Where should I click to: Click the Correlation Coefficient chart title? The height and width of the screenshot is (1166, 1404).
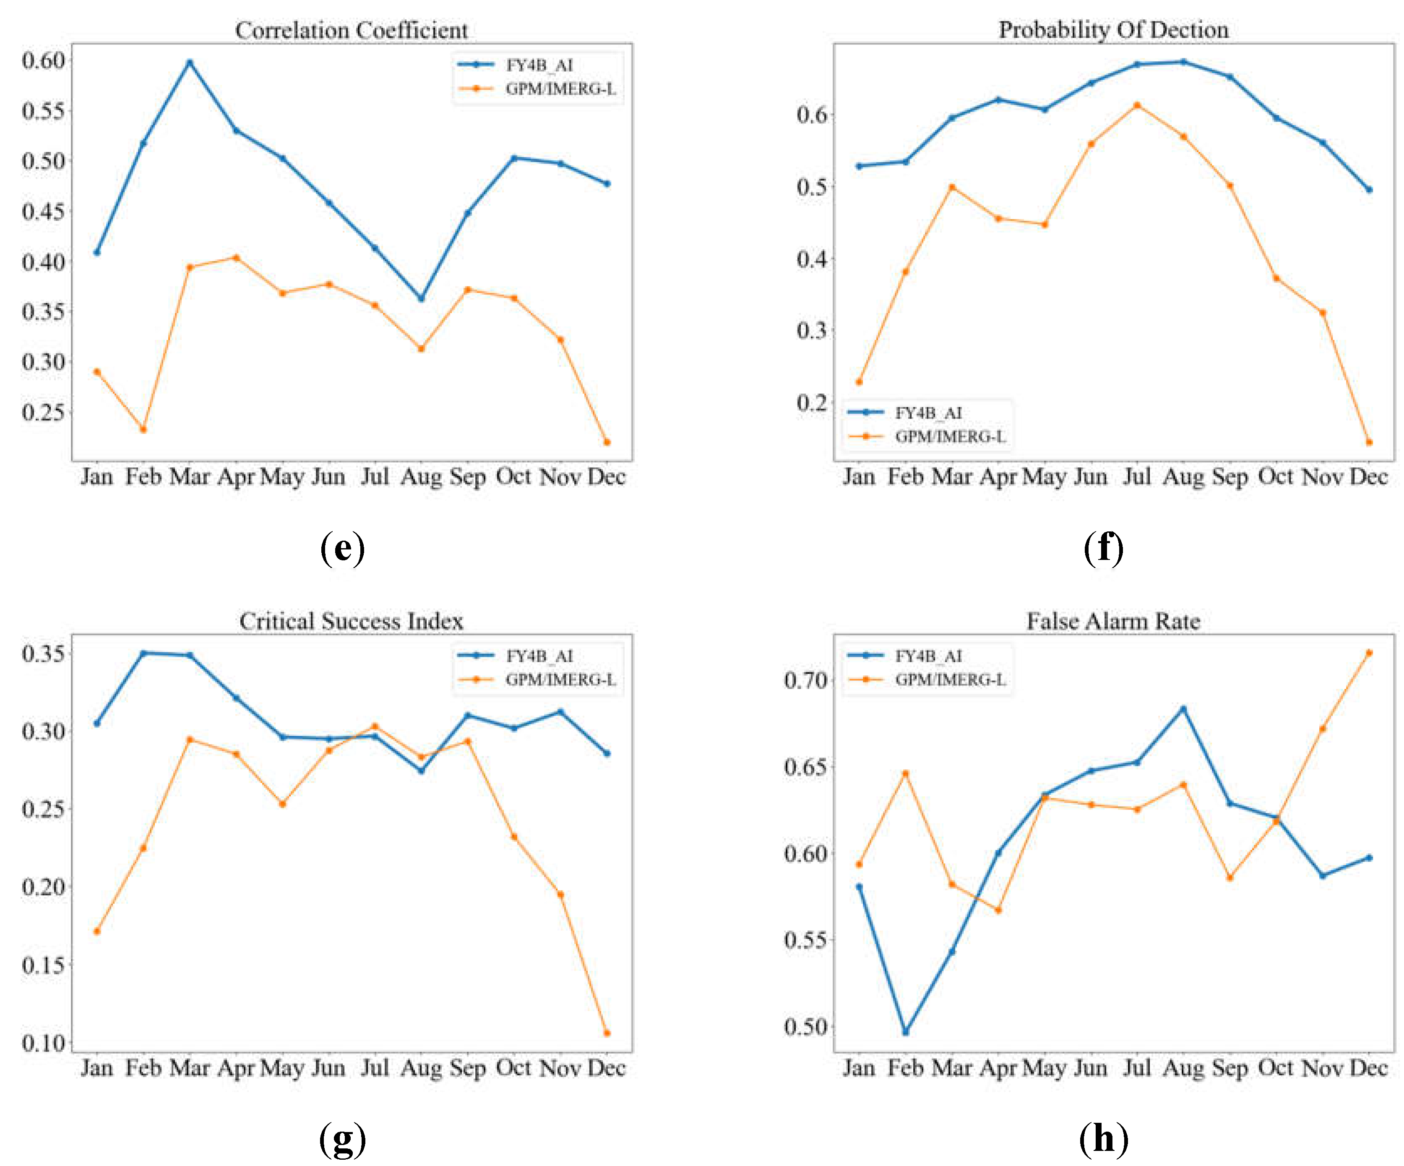(x=351, y=30)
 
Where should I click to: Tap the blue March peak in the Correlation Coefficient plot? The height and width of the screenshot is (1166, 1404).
(x=190, y=63)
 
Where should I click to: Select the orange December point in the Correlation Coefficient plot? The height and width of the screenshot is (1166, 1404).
(x=607, y=442)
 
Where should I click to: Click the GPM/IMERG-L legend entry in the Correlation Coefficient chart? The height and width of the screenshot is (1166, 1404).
(x=560, y=89)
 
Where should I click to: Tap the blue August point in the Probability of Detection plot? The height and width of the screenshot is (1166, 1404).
(x=1183, y=62)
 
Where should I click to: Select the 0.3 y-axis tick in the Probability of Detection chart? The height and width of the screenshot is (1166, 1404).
(x=812, y=330)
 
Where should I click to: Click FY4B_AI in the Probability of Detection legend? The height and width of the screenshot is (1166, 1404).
(x=928, y=413)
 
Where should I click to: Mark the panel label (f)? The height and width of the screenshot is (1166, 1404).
(x=1103, y=548)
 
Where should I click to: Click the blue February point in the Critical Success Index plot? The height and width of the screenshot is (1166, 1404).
(x=143, y=653)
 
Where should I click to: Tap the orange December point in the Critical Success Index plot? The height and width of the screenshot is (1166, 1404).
(x=607, y=1033)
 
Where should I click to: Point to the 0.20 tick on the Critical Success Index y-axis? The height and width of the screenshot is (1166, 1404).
(x=44, y=887)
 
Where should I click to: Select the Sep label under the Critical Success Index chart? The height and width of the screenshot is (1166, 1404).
(x=467, y=1068)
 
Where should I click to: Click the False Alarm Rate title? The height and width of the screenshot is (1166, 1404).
(x=1113, y=621)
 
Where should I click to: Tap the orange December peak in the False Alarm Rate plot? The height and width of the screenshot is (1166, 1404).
(x=1369, y=653)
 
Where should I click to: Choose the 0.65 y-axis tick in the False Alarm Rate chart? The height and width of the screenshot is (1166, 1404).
(x=806, y=766)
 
